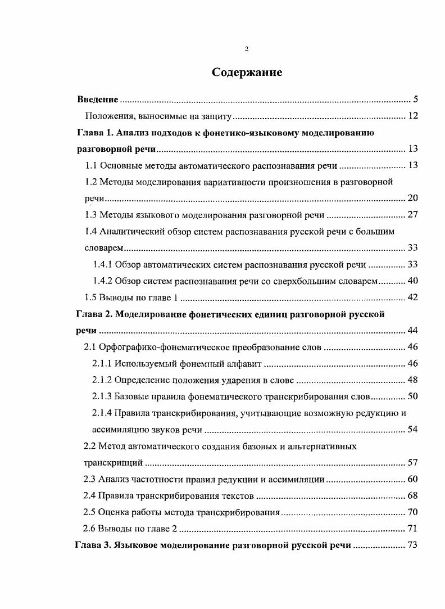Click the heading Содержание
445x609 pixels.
pos(246,73)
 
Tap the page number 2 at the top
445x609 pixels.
pos(247,49)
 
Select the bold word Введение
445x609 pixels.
pos(97,100)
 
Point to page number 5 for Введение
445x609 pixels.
pos(415,100)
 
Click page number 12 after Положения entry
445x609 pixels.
pos(412,116)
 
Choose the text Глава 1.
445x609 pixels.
pos(94,133)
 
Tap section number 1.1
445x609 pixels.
pos(91,165)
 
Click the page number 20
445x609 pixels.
pos(412,198)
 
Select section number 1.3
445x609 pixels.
pos(91,214)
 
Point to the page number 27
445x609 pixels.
pos(412,214)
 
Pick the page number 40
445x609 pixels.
pos(412,281)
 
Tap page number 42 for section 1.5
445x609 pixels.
pos(412,297)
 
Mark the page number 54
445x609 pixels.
pos(412,430)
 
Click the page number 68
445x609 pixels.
pos(412,496)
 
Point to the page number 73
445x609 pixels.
pos(412,545)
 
